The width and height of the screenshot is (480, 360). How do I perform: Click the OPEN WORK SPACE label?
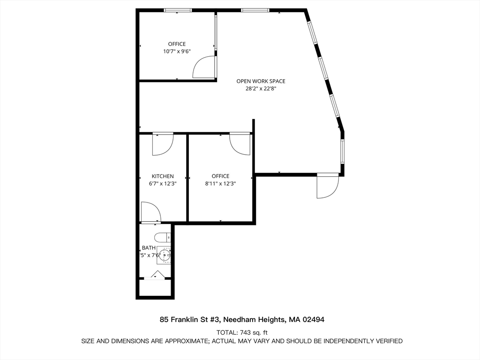click(x=261, y=81)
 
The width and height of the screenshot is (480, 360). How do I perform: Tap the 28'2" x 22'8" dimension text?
click(x=261, y=89)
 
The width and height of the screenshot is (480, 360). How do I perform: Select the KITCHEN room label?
click(x=163, y=176)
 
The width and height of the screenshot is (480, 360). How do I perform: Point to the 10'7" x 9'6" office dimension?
click(x=177, y=52)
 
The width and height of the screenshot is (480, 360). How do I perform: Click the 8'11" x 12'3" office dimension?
click(x=220, y=184)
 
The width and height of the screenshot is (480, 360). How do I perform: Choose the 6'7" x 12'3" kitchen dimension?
click(x=163, y=184)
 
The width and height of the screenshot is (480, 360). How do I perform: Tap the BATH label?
click(x=149, y=248)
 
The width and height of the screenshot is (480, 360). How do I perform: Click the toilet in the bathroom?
click(x=163, y=238)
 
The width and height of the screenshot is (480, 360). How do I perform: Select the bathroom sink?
click(x=164, y=255)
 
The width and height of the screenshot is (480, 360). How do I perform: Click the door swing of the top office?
click(x=204, y=67)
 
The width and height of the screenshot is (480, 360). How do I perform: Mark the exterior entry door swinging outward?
click(x=327, y=186)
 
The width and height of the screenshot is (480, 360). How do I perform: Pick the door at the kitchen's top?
click(x=163, y=143)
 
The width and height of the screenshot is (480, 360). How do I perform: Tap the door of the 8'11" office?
click(x=240, y=143)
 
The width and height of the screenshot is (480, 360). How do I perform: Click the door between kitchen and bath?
click(x=151, y=212)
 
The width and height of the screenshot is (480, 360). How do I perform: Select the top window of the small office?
click(x=178, y=10)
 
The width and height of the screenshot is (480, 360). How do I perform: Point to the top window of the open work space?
click(x=255, y=10)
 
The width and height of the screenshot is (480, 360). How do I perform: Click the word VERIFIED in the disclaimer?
click(x=387, y=341)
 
